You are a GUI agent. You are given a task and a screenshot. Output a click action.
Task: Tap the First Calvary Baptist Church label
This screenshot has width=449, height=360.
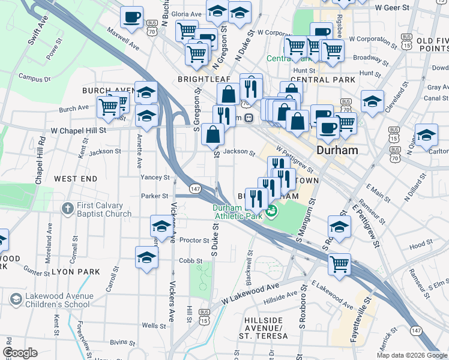coord(104,210)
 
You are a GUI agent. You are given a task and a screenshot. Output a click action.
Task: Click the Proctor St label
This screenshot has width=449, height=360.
coord(193,240)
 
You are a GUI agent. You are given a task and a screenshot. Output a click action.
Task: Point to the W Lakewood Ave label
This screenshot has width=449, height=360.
coord(250,293)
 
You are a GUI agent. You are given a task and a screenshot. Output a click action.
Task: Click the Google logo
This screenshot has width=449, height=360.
coord(20,352)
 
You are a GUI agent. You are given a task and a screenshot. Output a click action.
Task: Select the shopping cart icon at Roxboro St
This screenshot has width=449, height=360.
coord(339,263)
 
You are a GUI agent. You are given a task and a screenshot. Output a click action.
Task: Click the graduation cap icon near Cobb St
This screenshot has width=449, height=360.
coord(146,257)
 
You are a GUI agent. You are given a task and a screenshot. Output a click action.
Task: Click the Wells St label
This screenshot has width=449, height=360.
coord(154,326)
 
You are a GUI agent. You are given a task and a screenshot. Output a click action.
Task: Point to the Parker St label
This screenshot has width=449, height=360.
coord(155,196)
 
